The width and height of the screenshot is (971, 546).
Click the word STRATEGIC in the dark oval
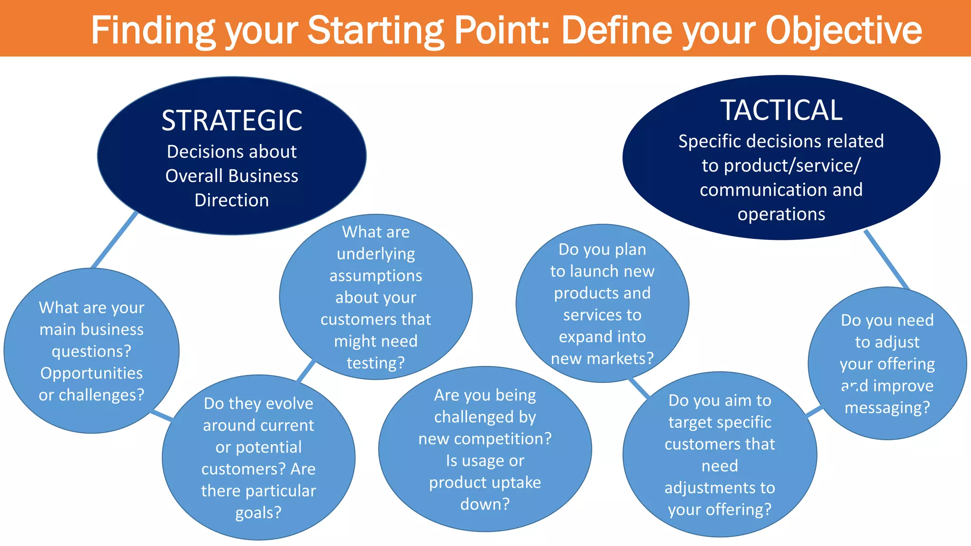pos(232,120)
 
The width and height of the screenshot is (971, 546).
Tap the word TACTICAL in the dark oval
pos(781,110)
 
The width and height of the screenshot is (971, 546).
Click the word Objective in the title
pos(843,30)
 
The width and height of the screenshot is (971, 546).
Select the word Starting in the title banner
pos(376,30)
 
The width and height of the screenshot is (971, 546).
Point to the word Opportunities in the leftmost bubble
pos(92,373)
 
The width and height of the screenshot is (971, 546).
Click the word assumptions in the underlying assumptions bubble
pos(376,275)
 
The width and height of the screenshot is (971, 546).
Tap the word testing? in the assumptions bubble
pos(376,363)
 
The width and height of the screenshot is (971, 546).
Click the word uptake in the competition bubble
pos(514,482)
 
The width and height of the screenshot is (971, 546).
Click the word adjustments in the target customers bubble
pos(719,487)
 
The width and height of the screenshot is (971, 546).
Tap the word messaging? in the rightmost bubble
pos(887,407)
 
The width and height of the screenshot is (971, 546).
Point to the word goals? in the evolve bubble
pos(258,512)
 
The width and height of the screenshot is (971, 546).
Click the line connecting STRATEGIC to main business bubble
pos(115,239)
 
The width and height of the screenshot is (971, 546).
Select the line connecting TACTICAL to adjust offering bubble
pos(886,259)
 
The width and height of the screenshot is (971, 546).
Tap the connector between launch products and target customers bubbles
pos(639,388)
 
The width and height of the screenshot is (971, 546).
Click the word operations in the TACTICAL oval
pos(781,214)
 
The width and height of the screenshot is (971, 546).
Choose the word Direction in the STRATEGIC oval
pos(232,200)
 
